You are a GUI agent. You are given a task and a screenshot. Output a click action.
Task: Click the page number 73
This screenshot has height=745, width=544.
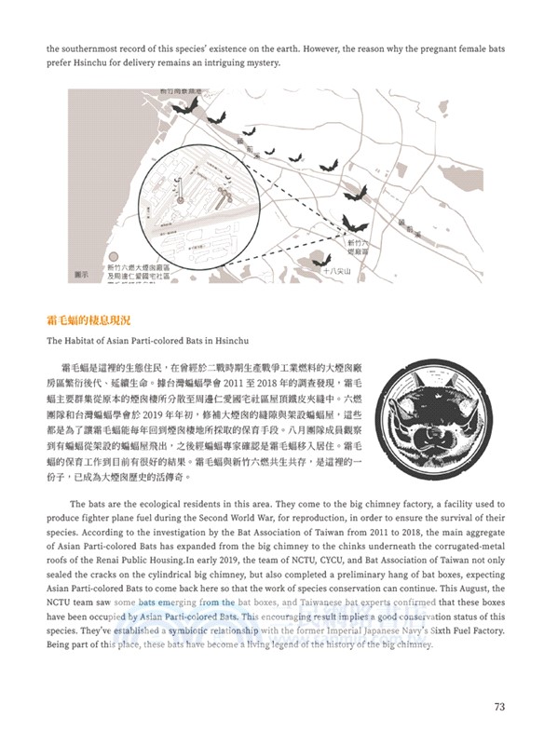coord(498,707)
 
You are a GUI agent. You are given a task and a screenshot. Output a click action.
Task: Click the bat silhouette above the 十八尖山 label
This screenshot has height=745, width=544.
coord(353,223)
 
